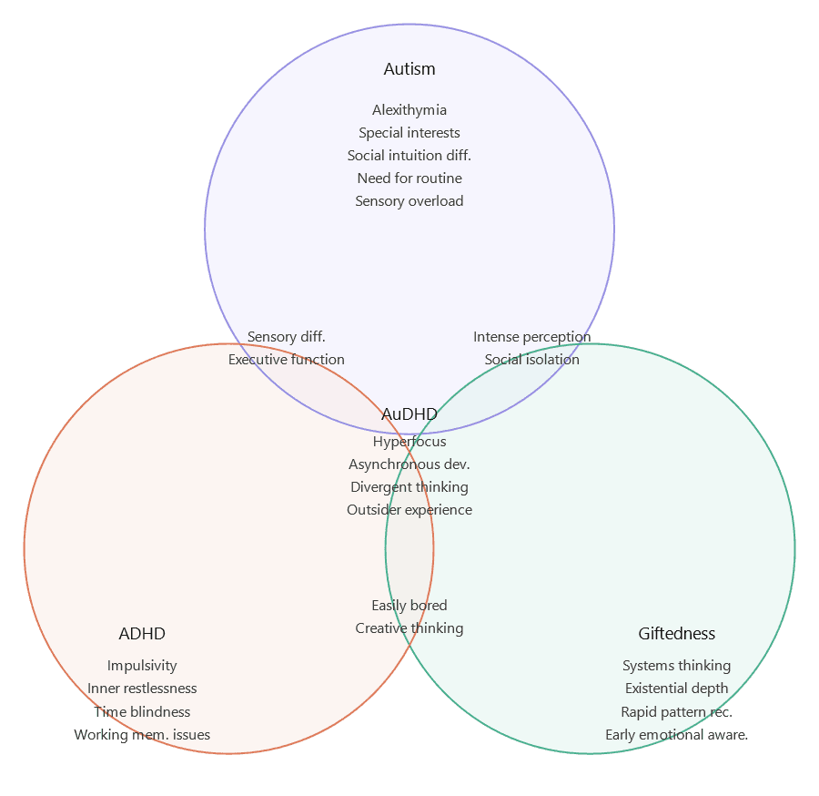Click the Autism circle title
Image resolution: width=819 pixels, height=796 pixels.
coord(409,69)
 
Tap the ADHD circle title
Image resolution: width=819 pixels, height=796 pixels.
coord(142,634)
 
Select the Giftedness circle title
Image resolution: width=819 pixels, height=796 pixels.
coord(676,634)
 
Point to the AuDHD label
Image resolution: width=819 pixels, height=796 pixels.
coord(409,414)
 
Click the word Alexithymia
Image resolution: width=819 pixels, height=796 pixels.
coord(409,110)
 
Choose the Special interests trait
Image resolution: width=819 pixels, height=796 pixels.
coord(409,133)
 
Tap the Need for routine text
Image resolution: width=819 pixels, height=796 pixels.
coord(409,179)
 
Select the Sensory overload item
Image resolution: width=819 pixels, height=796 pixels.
coord(409,201)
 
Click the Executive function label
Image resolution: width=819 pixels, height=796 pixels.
coord(287,360)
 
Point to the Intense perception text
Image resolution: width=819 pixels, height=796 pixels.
coord(531,337)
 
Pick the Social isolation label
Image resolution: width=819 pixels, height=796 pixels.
coord(531,360)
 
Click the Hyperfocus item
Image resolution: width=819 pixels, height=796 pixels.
coord(409,442)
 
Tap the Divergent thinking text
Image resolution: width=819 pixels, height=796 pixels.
coord(409,487)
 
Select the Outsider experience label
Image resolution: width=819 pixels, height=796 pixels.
coord(409,510)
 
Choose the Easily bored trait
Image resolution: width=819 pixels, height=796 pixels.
coord(409,606)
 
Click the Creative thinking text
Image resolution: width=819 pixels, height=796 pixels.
coord(409,628)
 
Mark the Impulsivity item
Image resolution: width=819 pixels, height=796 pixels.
coord(142,666)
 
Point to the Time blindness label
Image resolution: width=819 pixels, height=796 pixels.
coord(142,711)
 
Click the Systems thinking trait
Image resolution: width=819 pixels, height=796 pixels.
coord(676,666)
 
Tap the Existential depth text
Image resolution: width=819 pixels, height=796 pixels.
coord(676,689)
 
